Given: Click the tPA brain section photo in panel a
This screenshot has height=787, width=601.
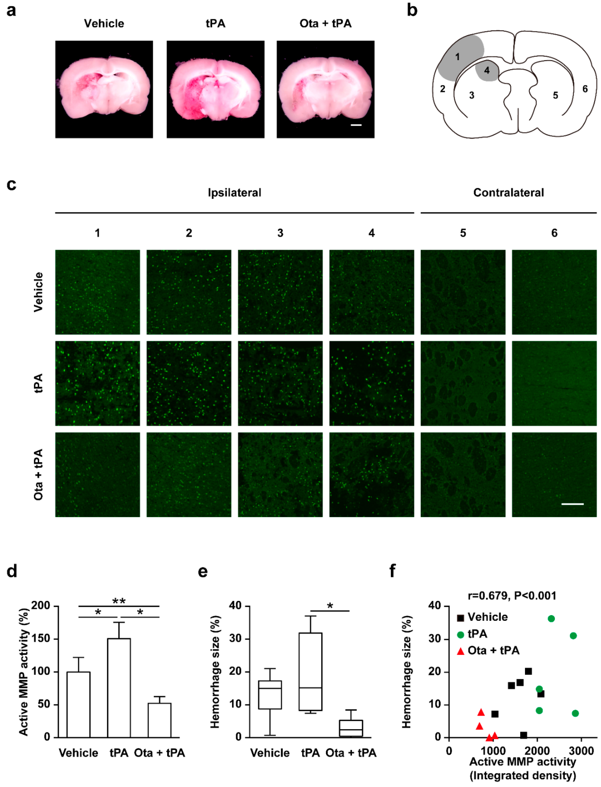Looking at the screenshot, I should (215, 89).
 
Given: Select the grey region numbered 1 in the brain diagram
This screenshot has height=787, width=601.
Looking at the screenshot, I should (460, 57).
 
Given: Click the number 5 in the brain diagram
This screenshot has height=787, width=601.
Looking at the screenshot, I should (555, 95).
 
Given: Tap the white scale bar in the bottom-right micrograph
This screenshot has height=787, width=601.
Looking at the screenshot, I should (572, 504).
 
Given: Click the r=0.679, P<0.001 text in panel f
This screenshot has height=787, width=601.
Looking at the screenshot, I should (512, 596).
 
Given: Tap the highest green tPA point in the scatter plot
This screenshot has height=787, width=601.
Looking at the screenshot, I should (551, 619).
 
